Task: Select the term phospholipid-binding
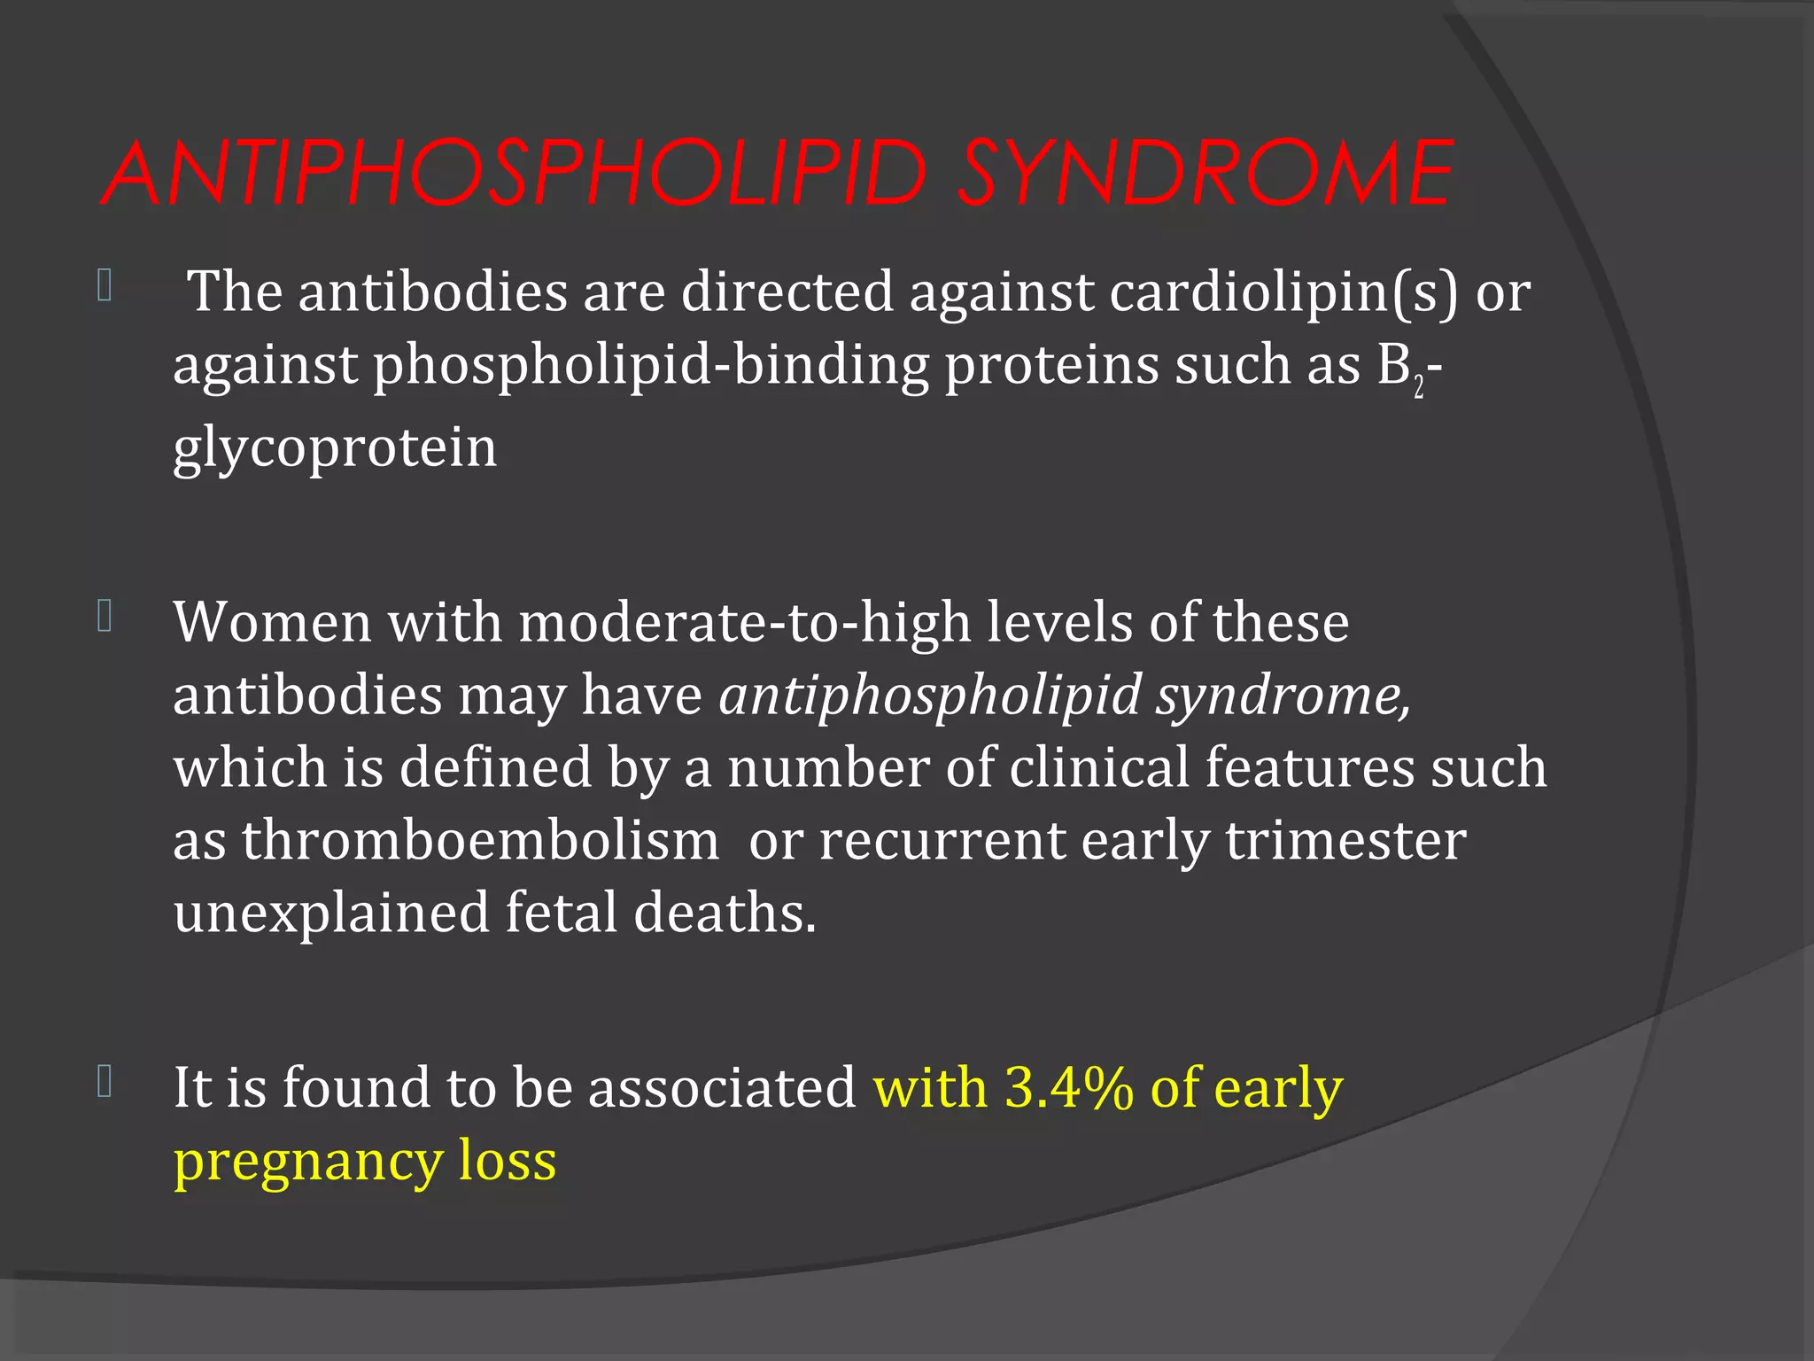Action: coord(651,364)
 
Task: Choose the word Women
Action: coord(272,622)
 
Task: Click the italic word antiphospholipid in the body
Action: coord(929,695)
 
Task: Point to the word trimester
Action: coord(1345,840)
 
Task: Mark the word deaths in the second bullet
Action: coord(724,913)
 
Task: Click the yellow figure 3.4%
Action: coord(1069,1087)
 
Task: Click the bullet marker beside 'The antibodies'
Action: coord(105,285)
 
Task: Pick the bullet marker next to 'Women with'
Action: coord(105,617)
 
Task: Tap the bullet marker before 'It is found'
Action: coord(105,1082)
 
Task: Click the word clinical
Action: coord(1098,767)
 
